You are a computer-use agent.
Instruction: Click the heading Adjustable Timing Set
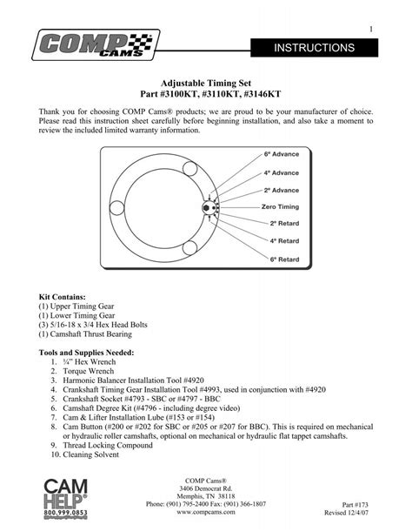coord(206,78)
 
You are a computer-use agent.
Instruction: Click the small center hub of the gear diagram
coord(209,207)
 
